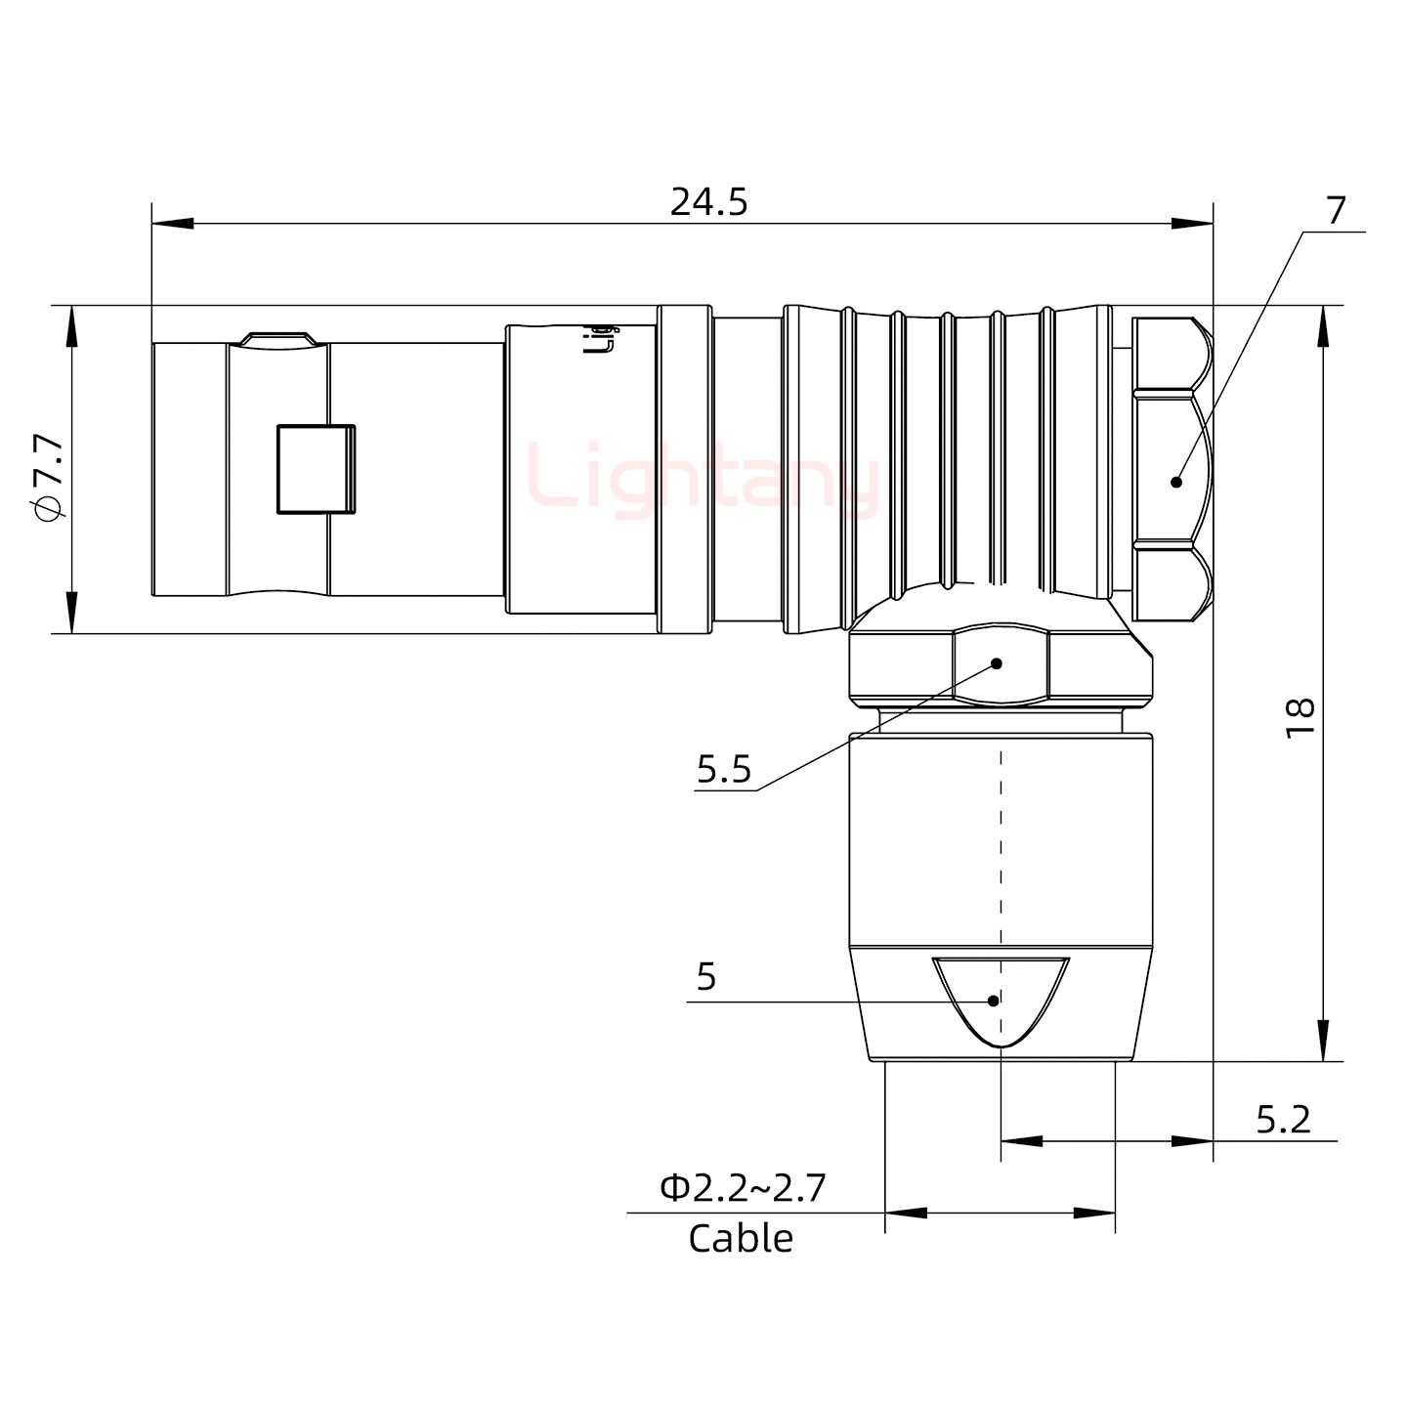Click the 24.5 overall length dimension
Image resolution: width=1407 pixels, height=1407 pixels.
708,202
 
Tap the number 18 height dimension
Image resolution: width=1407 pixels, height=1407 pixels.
1300,718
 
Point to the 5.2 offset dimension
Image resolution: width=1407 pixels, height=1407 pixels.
1282,1120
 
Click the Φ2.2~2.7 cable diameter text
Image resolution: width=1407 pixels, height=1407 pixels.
743,1188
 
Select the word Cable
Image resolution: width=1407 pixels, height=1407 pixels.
741,1239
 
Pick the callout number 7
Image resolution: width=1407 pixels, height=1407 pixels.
1335,210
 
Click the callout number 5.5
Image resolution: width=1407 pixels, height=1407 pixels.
724,770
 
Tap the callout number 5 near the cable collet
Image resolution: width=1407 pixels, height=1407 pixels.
706,976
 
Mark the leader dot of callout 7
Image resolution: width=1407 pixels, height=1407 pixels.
1176,481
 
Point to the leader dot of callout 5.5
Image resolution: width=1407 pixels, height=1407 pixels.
998,663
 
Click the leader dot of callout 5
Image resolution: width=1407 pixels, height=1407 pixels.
994,1001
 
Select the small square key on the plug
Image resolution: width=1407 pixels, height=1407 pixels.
316,469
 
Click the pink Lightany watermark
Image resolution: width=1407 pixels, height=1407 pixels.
703,479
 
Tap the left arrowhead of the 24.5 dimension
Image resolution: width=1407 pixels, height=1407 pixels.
172,225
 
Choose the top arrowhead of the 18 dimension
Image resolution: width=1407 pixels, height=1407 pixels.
1323,325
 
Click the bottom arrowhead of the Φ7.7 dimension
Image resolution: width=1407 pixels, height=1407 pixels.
71,613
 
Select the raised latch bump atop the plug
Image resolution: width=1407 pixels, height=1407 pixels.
278,338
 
